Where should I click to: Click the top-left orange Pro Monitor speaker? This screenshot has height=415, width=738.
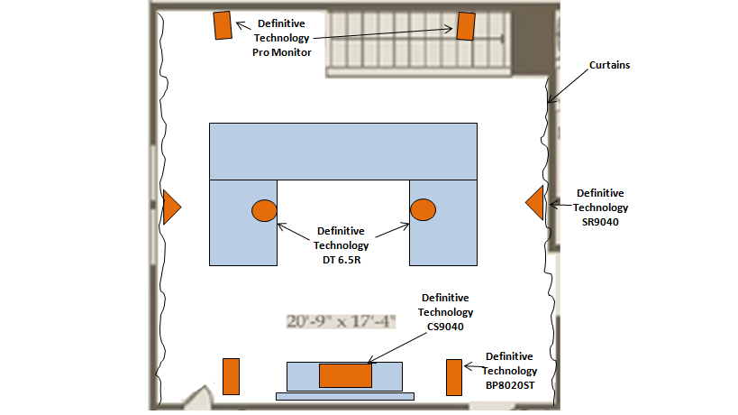click(223, 25)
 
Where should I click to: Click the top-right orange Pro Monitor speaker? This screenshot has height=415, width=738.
click(465, 26)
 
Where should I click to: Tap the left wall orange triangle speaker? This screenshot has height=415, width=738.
click(171, 207)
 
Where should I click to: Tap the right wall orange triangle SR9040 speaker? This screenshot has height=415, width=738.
click(535, 202)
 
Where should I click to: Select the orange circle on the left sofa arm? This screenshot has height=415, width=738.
click(263, 210)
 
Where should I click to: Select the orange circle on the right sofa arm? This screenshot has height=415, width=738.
click(423, 210)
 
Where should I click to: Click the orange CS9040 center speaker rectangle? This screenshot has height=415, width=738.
click(345, 375)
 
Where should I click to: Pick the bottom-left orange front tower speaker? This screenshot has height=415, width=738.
click(231, 376)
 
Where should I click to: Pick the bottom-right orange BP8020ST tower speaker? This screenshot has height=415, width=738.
click(453, 377)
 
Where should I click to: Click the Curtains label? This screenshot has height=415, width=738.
click(609, 66)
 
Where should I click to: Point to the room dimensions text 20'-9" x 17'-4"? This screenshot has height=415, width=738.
click(342, 321)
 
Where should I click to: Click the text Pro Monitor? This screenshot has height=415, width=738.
click(282, 52)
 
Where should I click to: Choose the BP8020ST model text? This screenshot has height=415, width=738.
click(511, 385)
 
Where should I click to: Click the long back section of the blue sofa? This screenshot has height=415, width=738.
click(343, 151)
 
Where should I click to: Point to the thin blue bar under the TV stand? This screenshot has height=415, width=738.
click(344, 395)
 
